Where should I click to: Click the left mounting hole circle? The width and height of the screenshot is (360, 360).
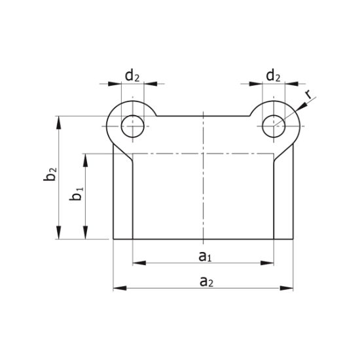pos(133,125)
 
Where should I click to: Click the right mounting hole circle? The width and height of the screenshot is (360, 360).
pos(274,125)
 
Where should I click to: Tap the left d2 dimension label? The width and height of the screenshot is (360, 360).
pos(132,76)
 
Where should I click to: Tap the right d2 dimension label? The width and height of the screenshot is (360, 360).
pos(274,76)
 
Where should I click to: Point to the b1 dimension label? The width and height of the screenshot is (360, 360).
pos(77,194)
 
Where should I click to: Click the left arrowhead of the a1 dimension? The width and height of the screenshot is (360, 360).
pos(138,263)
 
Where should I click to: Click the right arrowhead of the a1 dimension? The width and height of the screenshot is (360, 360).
pos(268,263)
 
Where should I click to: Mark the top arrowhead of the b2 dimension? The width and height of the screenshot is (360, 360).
pos(60,122)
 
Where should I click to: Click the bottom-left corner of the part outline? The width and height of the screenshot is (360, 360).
pos(113,240)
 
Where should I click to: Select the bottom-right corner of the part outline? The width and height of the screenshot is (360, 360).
pos(293,240)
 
